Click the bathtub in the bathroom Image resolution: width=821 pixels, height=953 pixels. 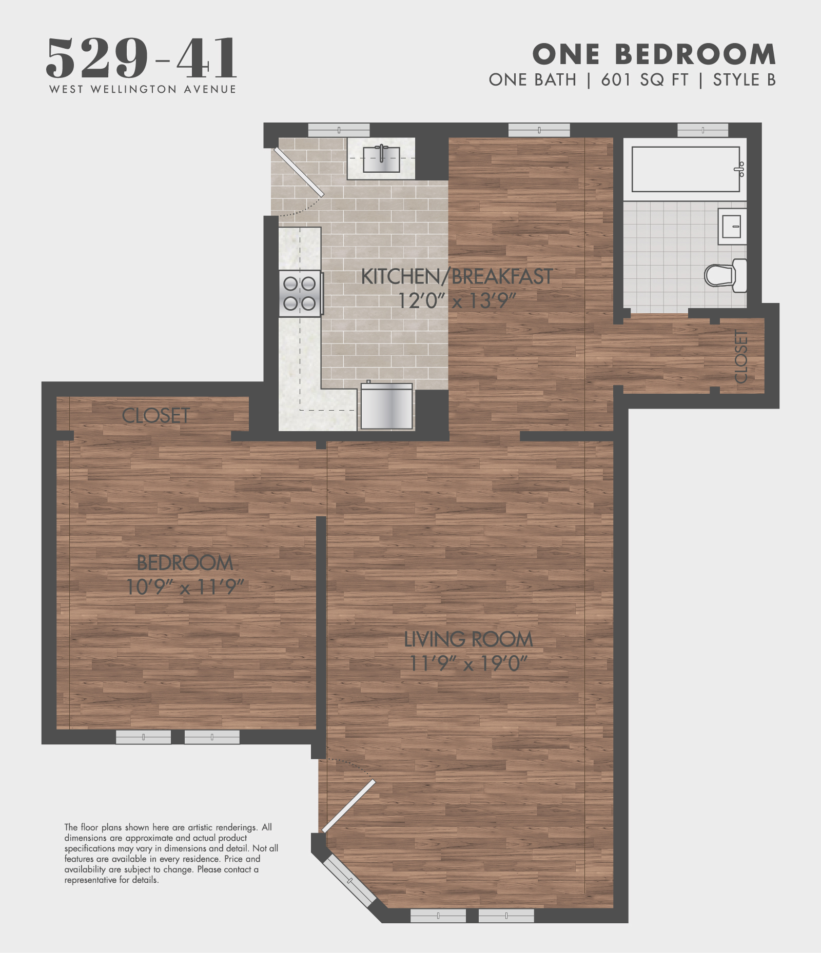[x=686, y=169]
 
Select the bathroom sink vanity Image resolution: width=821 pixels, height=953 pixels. [x=732, y=226]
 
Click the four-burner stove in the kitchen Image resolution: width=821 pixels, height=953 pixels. [x=301, y=293]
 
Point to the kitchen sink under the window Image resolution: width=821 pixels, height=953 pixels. [x=381, y=159]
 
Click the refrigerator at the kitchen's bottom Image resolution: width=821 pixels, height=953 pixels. [x=386, y=406]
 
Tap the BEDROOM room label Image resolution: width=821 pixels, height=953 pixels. [x=185, y=563]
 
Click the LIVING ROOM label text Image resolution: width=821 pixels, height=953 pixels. [x=468, y=639]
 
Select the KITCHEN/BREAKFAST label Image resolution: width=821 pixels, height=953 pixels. [x=457, y=277]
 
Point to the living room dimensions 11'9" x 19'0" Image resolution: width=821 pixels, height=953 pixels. [x=468, y=664]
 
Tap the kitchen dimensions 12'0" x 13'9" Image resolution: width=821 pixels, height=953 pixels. [x=457, y=300]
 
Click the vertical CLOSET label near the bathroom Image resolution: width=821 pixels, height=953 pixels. [x=741, y=356]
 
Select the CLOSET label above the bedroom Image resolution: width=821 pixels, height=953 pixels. [x=156, y=415]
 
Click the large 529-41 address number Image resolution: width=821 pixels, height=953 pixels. [x=142, y=58]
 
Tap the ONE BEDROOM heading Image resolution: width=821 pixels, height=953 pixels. [x=654, y=54]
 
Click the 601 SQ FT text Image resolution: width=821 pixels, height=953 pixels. [x=644, y=80]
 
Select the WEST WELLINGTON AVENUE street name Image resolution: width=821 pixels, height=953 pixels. [x=143, y=89]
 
